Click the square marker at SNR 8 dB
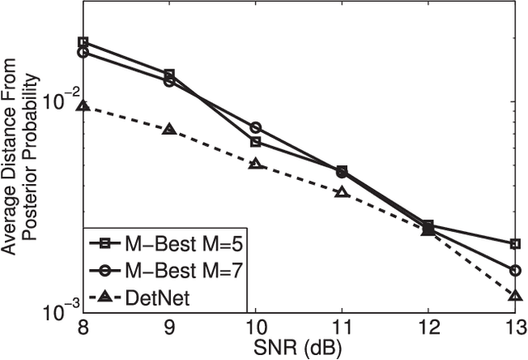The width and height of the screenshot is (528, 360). point(83,42)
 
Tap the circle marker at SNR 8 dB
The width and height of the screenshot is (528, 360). point(83,52)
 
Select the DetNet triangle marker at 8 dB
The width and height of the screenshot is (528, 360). point(83,106)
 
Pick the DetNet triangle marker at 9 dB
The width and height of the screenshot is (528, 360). point(169,129)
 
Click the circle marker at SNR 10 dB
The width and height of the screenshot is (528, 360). point(256,127)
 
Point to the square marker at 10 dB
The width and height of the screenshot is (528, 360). point(256,141)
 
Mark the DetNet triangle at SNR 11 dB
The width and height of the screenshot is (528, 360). point(342,192)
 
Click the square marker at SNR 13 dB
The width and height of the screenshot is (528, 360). point(516,244)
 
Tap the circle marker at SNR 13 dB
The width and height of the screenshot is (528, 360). point(516,270)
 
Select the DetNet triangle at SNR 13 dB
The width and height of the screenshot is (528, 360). point(516,296)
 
